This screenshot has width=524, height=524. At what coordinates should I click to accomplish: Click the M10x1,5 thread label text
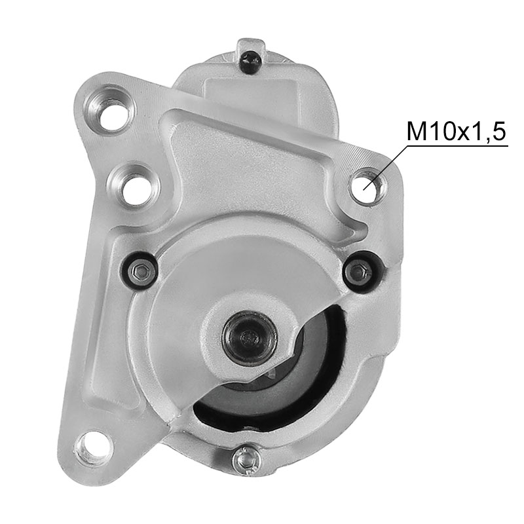tap(456, 132)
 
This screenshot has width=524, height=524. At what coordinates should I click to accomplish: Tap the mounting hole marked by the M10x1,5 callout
tap(367, 186)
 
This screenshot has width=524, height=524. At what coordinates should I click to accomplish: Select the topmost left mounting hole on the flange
tap(111, 110)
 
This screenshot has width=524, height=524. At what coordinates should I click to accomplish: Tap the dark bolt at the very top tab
tap(251, 61)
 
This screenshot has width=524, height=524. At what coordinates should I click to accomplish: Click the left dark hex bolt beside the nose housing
tap(140, 271)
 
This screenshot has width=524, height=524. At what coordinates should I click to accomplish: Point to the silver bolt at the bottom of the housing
tap(246, 460)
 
